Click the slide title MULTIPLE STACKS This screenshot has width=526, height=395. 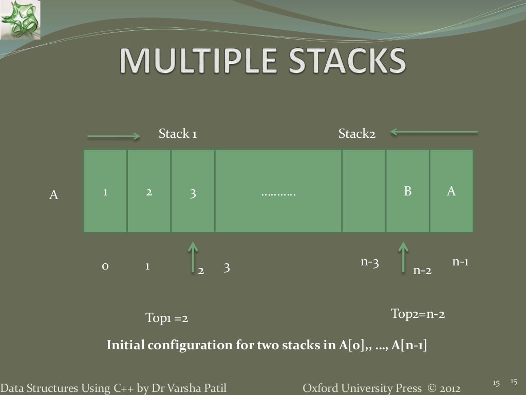(263, 62)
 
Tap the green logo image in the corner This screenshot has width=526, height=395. (20, 20)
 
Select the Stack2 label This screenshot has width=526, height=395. (356, 135)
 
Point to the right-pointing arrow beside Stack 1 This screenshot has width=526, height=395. (114, 136)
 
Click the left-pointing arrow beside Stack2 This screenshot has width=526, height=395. (434, 132)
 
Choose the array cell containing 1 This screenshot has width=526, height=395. (105, 191)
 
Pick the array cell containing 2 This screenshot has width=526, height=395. (148, 191)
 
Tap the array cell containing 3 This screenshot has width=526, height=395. (193, 191)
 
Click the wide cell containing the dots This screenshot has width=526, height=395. (278, 191)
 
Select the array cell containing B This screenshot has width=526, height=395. (407, 191)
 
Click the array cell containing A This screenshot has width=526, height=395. (451, 191)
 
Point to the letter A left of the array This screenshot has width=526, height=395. (53, 195)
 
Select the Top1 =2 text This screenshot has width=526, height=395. (167, 319)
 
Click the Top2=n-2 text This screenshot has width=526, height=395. (418, 314)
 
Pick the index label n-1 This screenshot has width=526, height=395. (460, 262)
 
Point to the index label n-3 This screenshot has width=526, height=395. (369, 262)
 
